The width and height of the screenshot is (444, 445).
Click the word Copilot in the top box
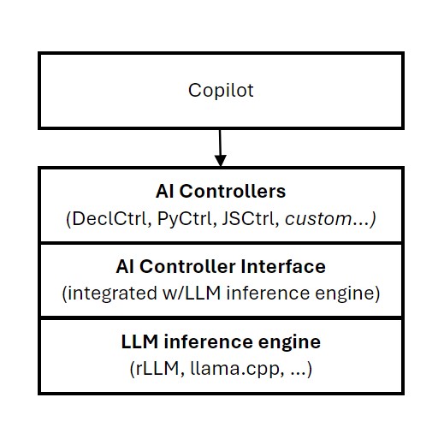(221, 90)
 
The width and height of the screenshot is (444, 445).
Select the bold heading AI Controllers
(221, 191)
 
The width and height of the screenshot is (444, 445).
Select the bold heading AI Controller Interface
(221, 267)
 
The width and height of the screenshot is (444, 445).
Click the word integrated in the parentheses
(107, 294)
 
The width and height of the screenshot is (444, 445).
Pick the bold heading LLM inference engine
(221, 342)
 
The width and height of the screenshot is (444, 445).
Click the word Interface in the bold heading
(287, 267)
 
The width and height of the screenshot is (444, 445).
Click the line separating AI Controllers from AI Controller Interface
(221, 242)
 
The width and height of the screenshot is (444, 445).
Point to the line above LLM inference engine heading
(221, 317)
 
